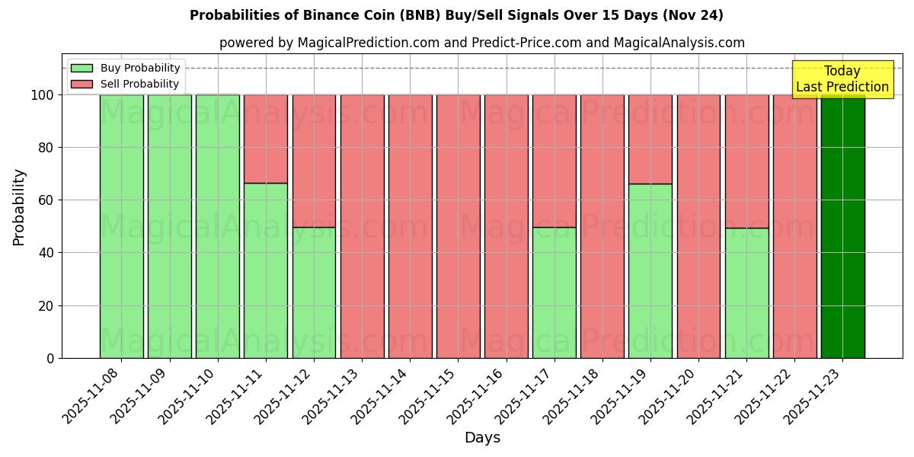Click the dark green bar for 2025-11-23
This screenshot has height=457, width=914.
pos(842,226)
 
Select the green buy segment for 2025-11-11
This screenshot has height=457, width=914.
pos(266,270)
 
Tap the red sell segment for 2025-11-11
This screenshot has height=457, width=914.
pos(266,139)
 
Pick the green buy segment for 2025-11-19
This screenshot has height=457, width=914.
pos(650,270)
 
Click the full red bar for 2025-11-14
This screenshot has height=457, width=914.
pos(410,226)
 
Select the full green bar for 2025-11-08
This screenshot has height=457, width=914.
pos(121,226)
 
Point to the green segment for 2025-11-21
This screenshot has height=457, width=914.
pos(746,292)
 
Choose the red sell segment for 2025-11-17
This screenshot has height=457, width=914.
pos(554,161)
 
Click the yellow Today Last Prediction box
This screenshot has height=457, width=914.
pos(842,79)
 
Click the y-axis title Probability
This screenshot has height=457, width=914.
pos(19,207)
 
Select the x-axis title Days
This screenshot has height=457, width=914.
pos(482,438)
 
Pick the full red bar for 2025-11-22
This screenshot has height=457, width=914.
pos(794,226)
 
